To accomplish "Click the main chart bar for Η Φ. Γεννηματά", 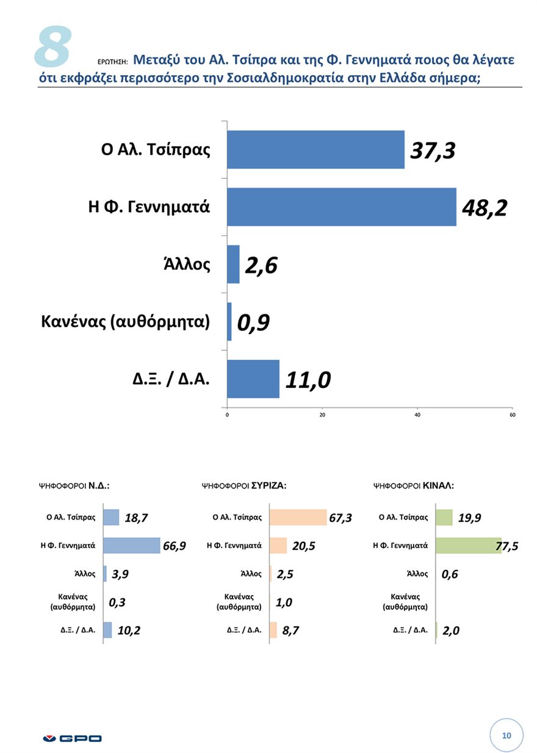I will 341,206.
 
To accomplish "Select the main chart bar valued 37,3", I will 315,150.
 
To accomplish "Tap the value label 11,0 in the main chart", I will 308,380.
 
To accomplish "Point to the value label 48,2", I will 485,208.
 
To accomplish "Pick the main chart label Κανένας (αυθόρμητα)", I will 125,321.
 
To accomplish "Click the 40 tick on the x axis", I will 417,415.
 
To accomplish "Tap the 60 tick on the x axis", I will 512,415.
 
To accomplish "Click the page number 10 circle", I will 506,735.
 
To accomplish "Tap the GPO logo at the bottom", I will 72,738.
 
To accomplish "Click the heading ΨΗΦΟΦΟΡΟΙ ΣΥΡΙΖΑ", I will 244,486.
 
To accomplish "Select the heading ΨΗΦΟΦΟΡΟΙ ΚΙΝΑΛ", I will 413,486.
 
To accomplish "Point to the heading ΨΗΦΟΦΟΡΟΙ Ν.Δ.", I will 74,486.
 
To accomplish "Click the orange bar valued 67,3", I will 298,517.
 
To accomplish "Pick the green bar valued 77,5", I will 467,545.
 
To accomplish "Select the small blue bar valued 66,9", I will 131,545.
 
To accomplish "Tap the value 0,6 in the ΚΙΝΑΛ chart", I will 450,574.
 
